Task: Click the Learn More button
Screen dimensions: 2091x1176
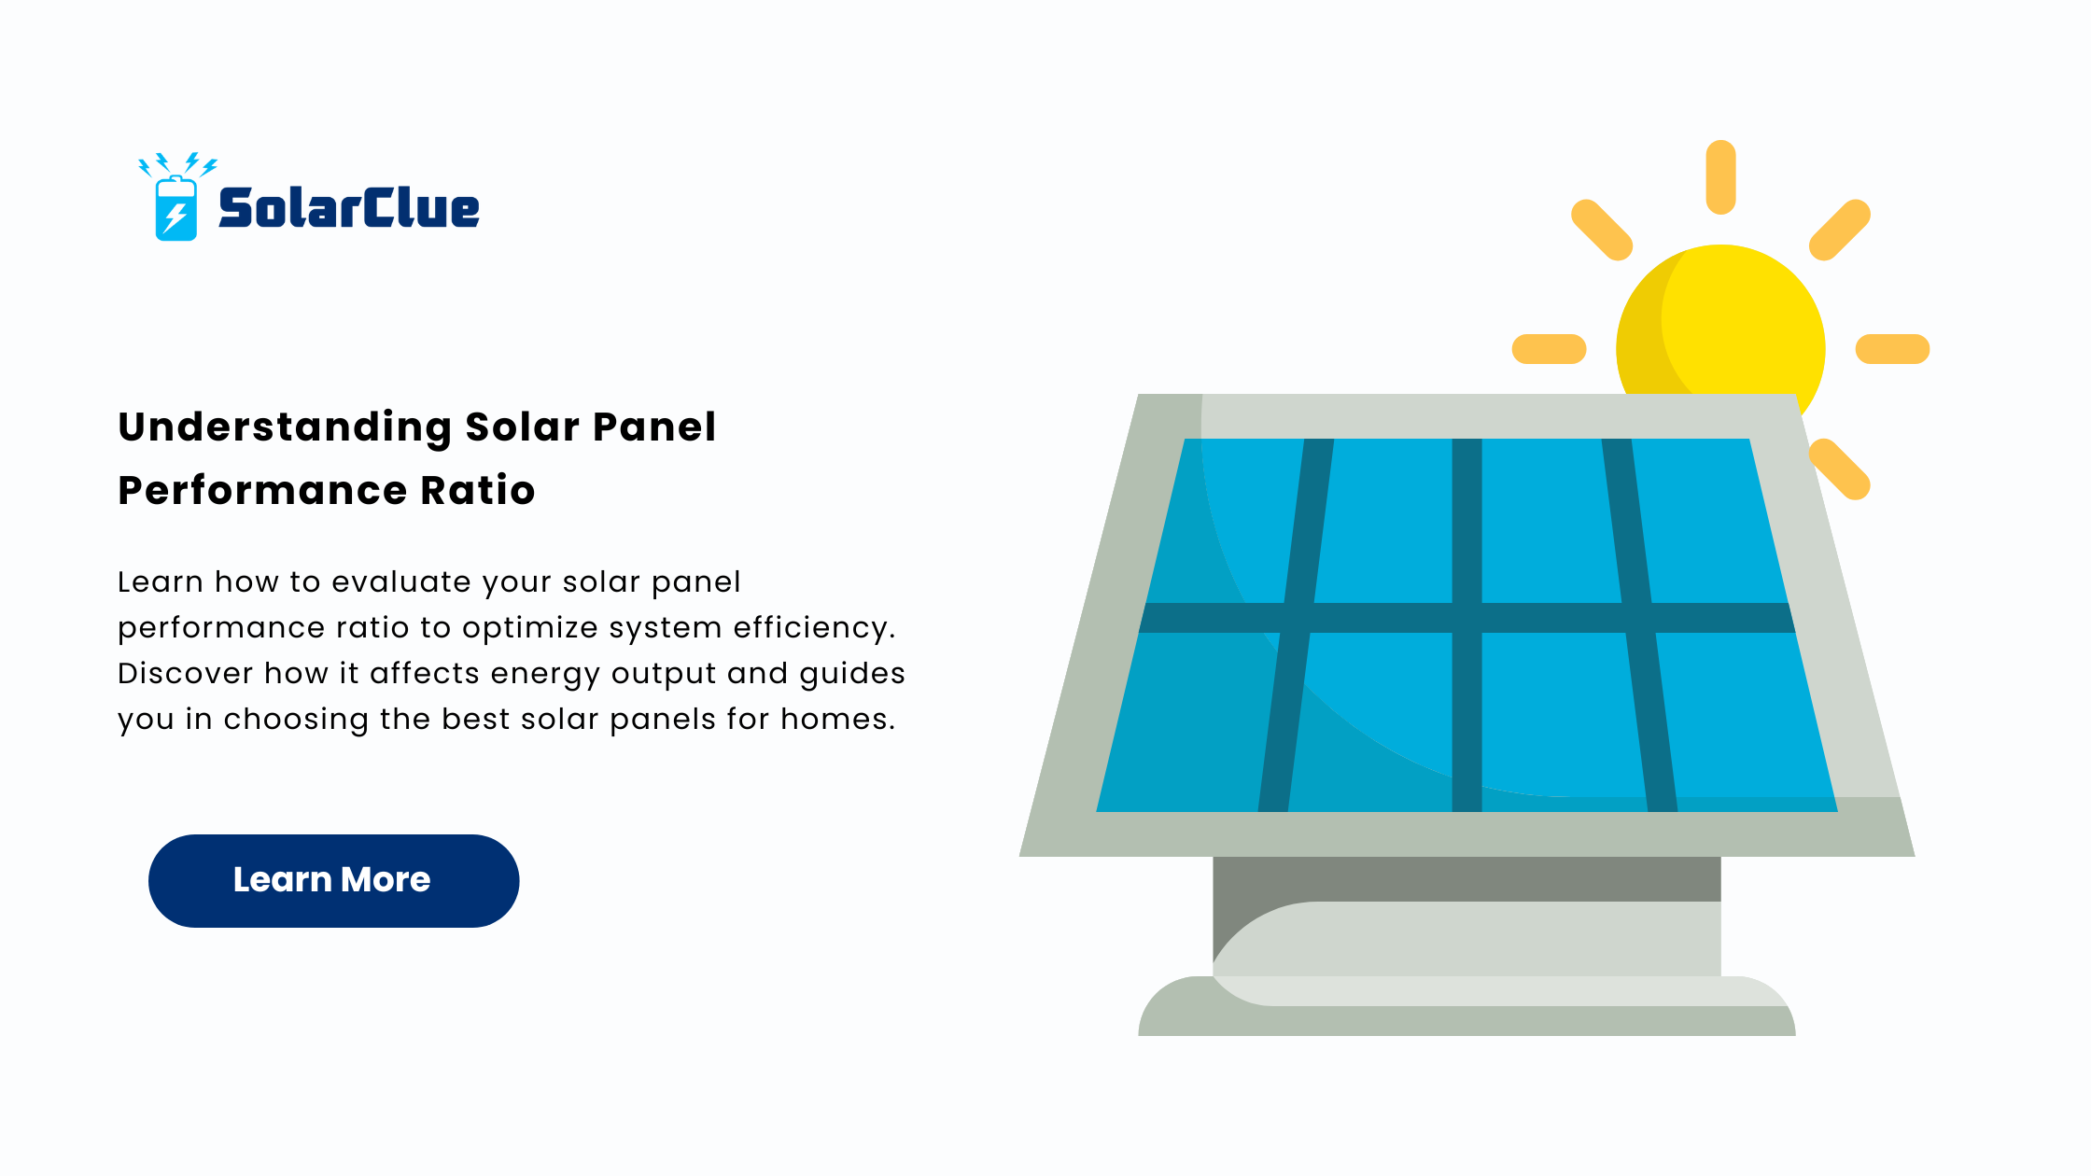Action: click(333, 880)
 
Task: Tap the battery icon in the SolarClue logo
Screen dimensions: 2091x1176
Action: click(176, 208)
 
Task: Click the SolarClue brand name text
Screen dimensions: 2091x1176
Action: click(349, 207)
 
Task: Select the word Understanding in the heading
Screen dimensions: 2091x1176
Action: click(285, 428)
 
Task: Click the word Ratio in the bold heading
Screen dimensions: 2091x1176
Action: click(478, 490)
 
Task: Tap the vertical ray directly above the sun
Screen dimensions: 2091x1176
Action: click(1720, 177)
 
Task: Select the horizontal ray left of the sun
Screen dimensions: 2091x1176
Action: click(1549, 349)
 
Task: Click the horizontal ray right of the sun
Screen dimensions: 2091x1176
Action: click(1892, 349)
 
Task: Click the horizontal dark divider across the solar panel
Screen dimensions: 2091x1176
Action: click(1467, 618)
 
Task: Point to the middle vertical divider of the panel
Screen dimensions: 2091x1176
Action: click(1467, 625)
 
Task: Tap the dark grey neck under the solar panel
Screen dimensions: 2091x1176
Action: click(1467, 878)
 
